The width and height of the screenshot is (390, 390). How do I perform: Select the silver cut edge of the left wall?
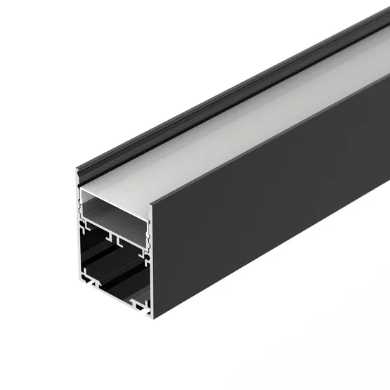coord(77,232)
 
